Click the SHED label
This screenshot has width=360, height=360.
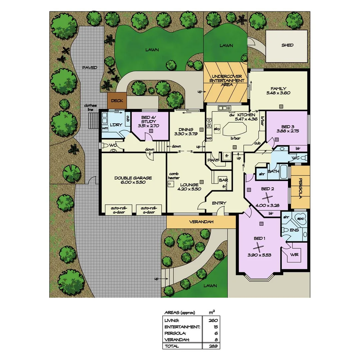pyautogui.click(x=287, y=45)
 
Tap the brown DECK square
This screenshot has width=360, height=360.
pyautogui.click(x=117, y=100)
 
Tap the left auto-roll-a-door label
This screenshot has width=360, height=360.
pyautogui.click(x=118, y=210)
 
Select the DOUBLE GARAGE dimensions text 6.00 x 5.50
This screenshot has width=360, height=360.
pyautogui.click(x=133, y=182)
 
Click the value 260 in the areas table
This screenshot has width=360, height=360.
pyautogui.click(x=213, y=320)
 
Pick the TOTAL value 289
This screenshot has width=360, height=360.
pyautogui.click(x=213, y=346)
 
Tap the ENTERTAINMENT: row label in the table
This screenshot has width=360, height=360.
pyautogui.click(x=182, y=327)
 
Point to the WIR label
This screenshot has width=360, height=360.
pyautogui.click(x=294, y=255)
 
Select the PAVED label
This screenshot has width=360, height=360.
pyautogui.click(x=90, y=68)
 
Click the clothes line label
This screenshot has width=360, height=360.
pyautogui.click(x=90, y=107)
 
